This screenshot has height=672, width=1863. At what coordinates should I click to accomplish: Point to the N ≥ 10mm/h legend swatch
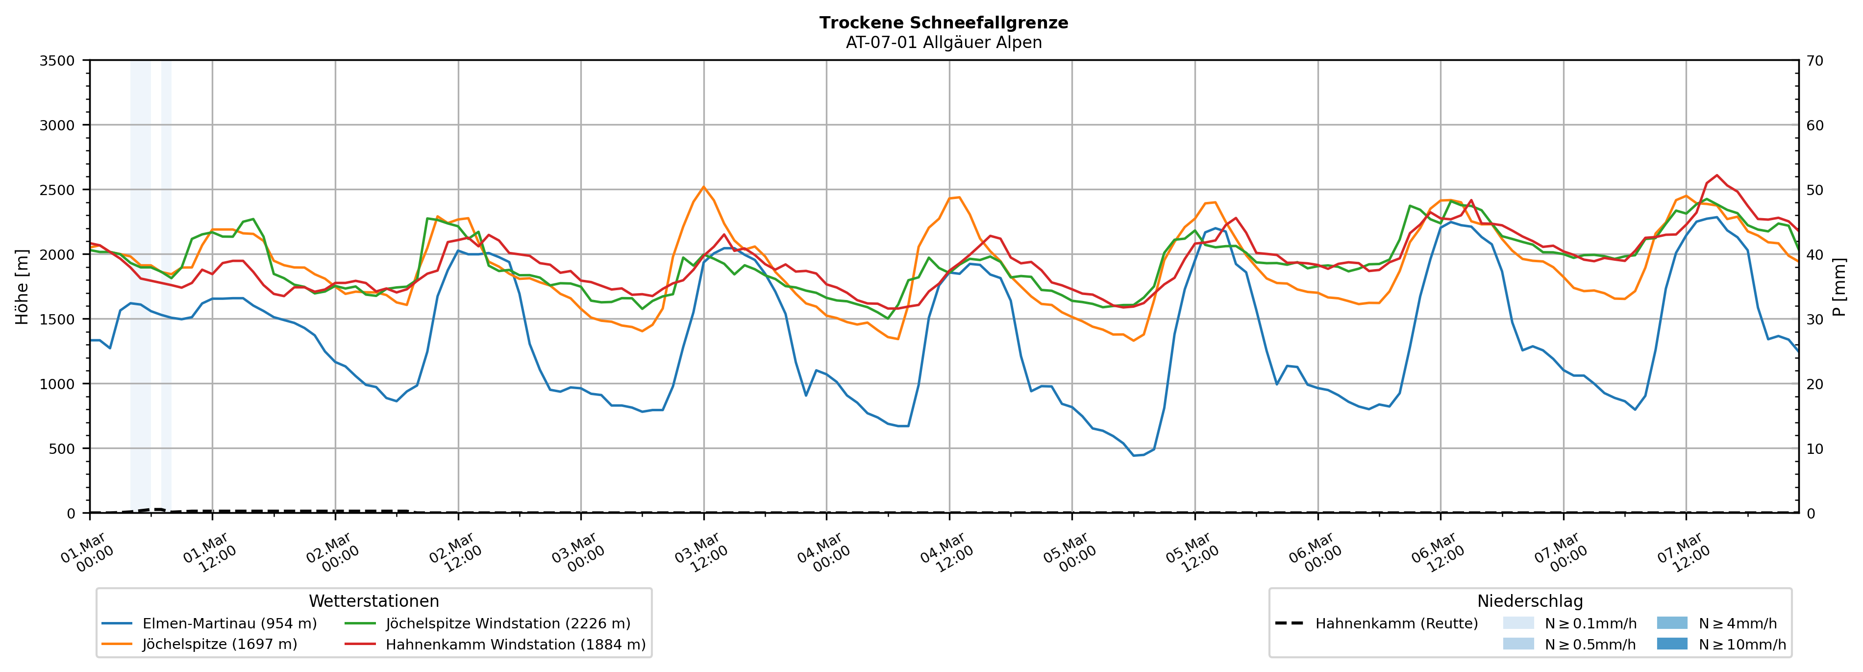1671,644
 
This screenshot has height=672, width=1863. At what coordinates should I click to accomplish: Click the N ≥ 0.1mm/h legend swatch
1518,623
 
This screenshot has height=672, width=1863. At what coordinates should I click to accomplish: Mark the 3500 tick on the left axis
57,61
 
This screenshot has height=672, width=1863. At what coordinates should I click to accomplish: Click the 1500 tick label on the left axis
57,319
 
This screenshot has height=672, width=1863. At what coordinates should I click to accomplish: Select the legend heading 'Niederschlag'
1530,601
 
